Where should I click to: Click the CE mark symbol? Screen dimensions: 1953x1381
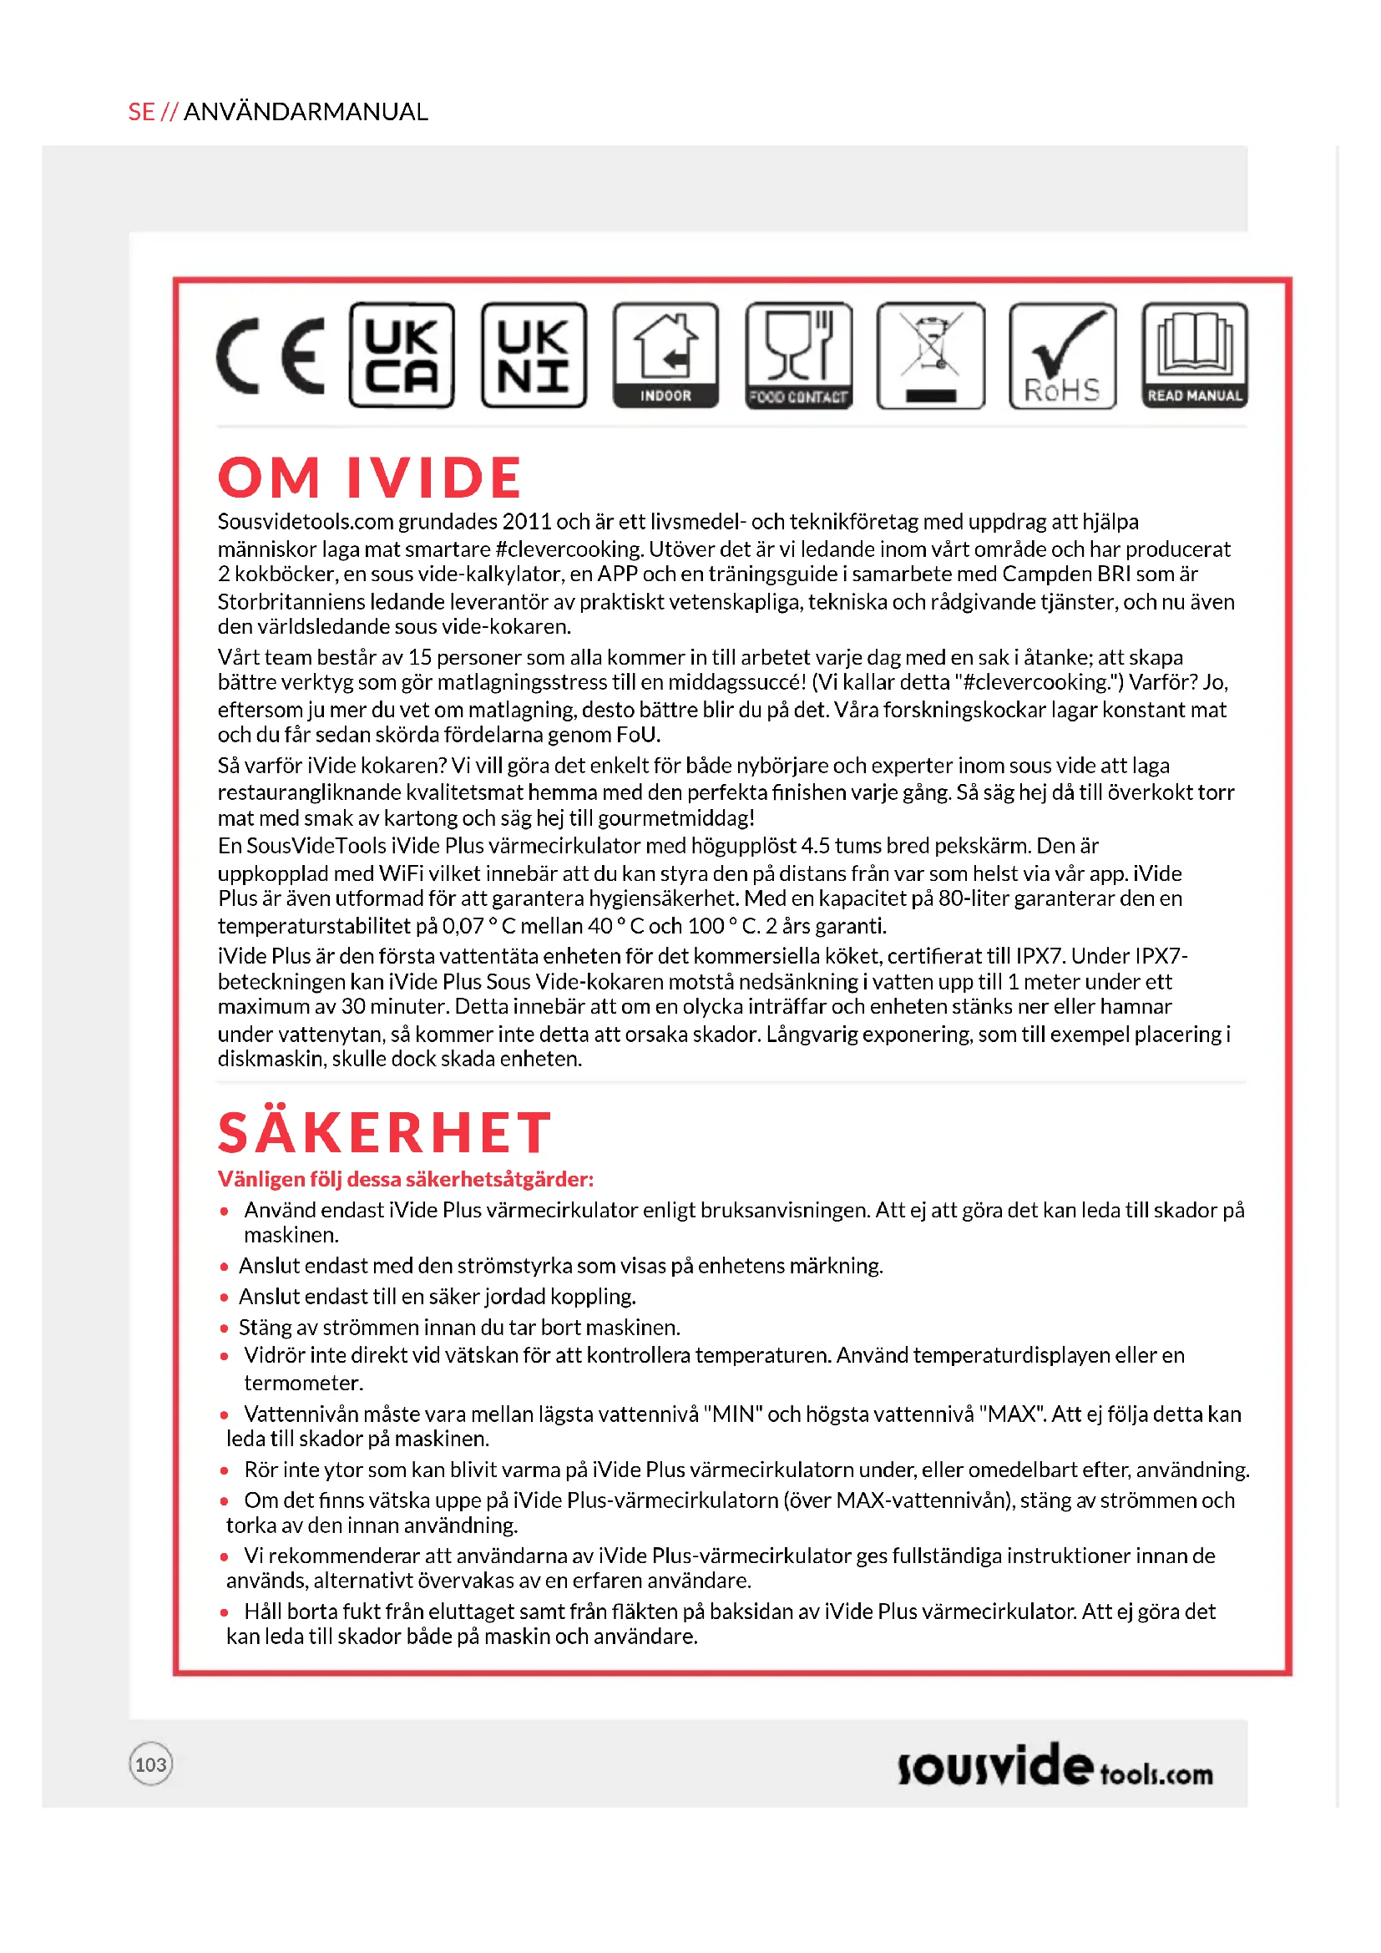click(x=271, y=356)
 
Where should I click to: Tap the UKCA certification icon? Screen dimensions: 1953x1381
click(x=402, y=356)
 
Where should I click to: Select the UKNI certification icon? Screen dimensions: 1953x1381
click(x=534, y=356)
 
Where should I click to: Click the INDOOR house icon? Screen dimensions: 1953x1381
click(x=665, y=356)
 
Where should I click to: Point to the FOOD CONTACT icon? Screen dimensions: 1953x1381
click(x=798, y=356)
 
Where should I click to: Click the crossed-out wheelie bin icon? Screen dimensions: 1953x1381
click(x=931, y=356)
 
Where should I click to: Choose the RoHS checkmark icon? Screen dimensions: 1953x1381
click(x=1063, y=356)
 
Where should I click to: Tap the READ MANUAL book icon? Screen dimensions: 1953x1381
click(x=1195, y=356)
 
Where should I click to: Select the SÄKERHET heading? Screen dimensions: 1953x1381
click(x=384, y=1133)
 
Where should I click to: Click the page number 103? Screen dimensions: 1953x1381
click(x=150, y=1765)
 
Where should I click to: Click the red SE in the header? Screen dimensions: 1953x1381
click(x=141, y=112)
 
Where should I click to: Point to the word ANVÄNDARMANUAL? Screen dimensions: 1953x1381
click(x=306, y=112)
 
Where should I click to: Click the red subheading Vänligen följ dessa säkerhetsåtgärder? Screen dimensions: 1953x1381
click(x=406, y=1180)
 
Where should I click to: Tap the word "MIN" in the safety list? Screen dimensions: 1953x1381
click(x=734, y=1414)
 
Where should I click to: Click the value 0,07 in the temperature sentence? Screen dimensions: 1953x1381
click(x=463, y=926)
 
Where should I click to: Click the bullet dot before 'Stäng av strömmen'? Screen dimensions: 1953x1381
click(x=225, y=1328)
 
